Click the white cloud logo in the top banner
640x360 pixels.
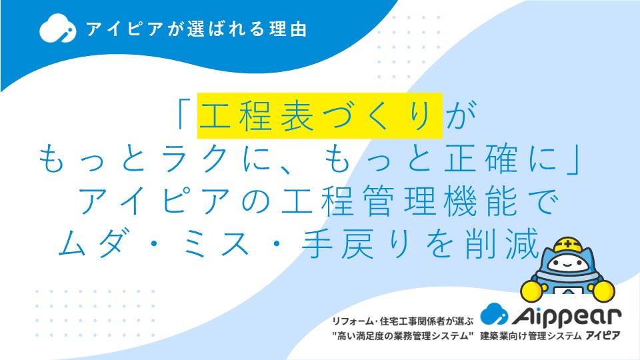click(57, 28)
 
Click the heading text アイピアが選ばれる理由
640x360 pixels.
click(196, 29)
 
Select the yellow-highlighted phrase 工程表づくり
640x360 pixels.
click(320, 116)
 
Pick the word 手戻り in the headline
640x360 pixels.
click(355, 244)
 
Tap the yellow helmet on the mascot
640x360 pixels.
click(568, 245)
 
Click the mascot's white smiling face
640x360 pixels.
click(567, 263)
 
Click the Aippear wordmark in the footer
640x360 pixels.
click(566, 316)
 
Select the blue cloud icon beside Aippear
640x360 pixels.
click(494, 314)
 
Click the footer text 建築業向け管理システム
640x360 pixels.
click(530, 336)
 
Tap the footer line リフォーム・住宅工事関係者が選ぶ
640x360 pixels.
click(403, 321)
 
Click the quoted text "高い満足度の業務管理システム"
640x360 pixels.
click(403, 336)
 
